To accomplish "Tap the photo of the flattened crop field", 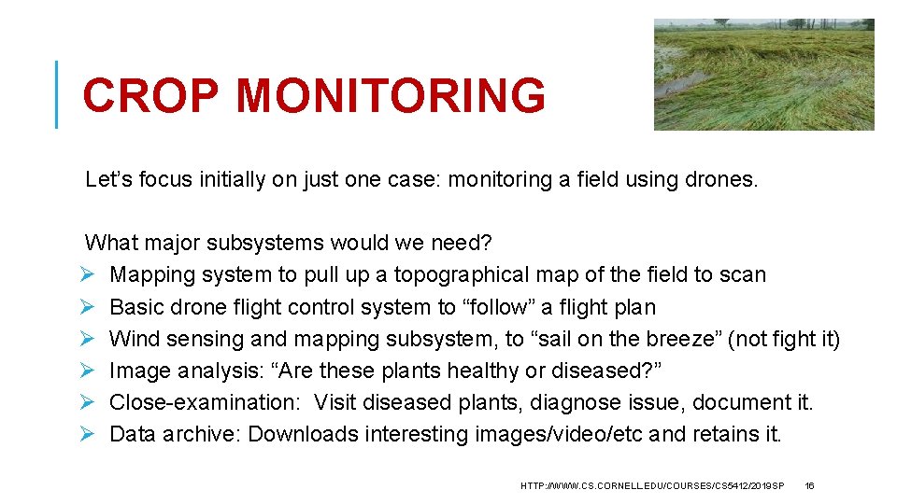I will [x=763, y=75].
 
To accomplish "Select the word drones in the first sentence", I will [x=722, y=179].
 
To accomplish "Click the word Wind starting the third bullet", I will [x=132, y=339].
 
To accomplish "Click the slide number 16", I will [x=809, y=486].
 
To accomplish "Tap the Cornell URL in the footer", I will [x=651, y=486].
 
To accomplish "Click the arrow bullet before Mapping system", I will [x=91, y=275].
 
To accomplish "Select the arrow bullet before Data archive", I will [x=91, y=435].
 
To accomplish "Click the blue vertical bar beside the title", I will [x=57, y=94].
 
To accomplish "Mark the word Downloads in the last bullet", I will [x=303, y=434].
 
